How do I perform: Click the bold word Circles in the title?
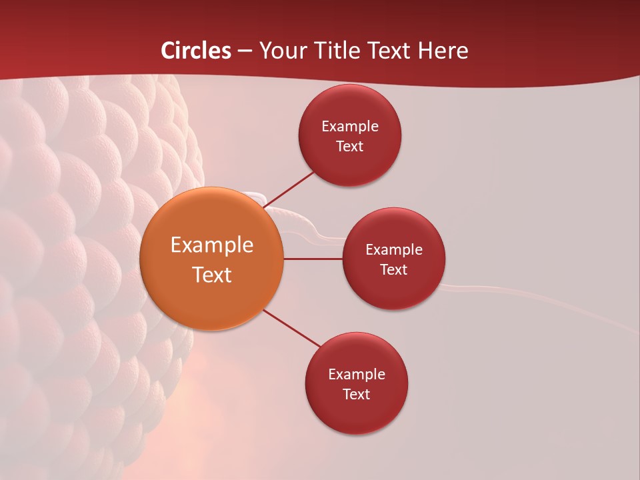[196, 51]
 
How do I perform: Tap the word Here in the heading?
[443, 51]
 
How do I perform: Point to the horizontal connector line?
[313, 259]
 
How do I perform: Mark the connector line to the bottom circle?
[291, 328]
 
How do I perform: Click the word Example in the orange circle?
[211, 245]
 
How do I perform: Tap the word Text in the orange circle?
[211, 275]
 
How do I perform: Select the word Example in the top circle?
[349, 126]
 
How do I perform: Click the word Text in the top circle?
[349, 146]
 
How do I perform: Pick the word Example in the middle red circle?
[393, 249]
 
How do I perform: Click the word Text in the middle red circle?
[393, 269]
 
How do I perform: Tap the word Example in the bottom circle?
[356, 374]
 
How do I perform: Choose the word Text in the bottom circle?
[356, 394]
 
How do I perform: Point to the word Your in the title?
[279, 51]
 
